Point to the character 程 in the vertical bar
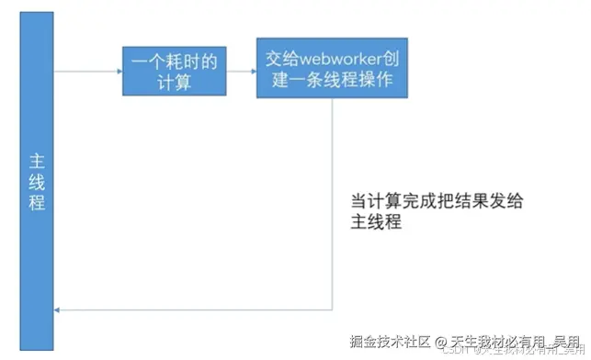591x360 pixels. pyautogui.click(x=37, y=203)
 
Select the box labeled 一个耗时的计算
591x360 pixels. pyautogui.click(x=174, y=71)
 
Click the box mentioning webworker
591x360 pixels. pyautogui.click(x=334, y=69)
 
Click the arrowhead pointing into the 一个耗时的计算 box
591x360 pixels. pyautogui.click(x=119, y=71)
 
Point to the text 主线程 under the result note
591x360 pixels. pyautogui.click(x=376, y=223)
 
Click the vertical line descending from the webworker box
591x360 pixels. pyautogui.click(x=332, y=202)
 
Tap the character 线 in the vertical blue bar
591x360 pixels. pyautogui.click(x=37, y=181)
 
